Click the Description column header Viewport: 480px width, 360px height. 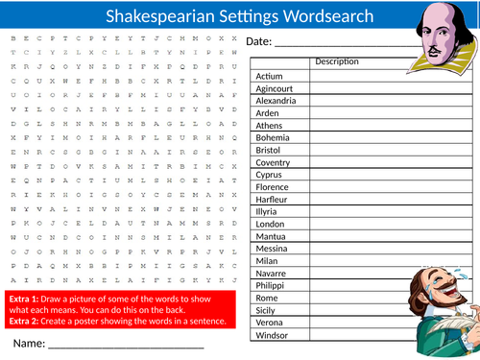[336, 62]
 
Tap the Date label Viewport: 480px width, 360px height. [259, 42]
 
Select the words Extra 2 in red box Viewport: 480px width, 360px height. [23, 320]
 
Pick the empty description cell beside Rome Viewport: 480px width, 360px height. [355, 298]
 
